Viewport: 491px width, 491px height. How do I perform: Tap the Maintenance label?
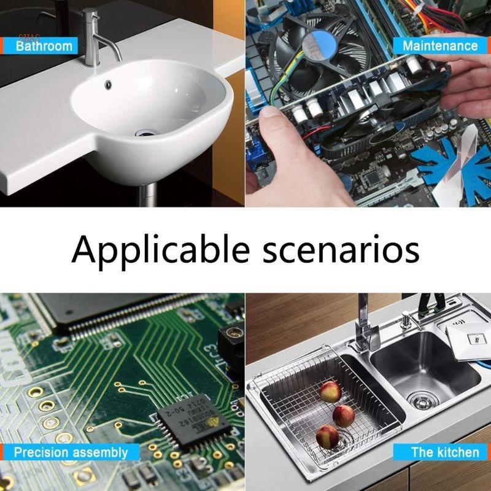[x=439, y=45]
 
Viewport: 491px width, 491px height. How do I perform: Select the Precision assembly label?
[x=71, y=453]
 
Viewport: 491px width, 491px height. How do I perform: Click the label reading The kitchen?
[x=445, y=452]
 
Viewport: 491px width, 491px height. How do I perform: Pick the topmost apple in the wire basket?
[x=330, y=391]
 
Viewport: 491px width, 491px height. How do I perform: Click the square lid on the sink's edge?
[x=469, y=334]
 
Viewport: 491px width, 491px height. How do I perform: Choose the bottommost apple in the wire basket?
[x=327, y=436]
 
